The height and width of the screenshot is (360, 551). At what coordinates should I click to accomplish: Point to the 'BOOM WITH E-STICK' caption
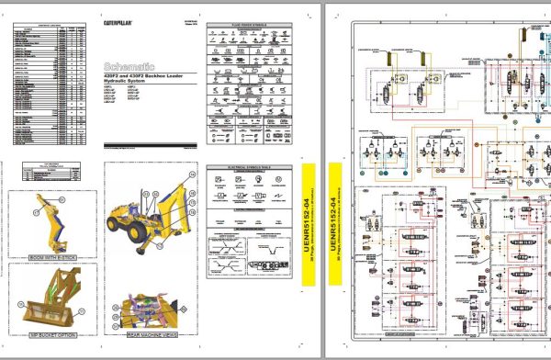[51, 256]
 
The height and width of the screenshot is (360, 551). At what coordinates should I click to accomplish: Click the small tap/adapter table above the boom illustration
[40, 171]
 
